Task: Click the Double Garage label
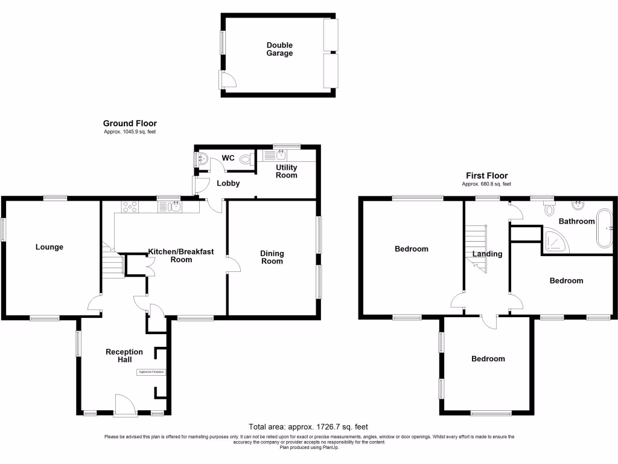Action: (x=279, y=49)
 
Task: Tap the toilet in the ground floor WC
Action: (x=245, y=159)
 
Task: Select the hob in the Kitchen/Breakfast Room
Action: (x=130, y=207)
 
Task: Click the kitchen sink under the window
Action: (x=170, y=207)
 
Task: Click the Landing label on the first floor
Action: (x=487, y=254)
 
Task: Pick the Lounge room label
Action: (x=49, y=246)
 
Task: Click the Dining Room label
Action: (x=272, y=257)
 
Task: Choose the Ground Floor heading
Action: (x=130, y=123)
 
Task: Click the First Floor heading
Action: (x=486, y=176)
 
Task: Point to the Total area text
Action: (x=308, y=426)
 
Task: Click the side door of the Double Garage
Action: (x=227, y=80)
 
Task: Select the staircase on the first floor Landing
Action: (x=476, y=248)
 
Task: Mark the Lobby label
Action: (x=228, y=183)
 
